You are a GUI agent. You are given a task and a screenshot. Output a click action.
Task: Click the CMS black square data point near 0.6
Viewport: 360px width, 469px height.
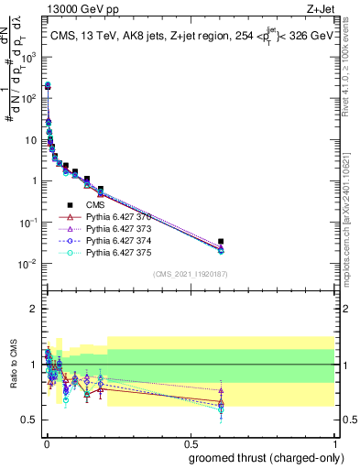coord(221,242)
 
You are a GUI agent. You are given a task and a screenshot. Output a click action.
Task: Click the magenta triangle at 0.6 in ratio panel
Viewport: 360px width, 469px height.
coord(221,390)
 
